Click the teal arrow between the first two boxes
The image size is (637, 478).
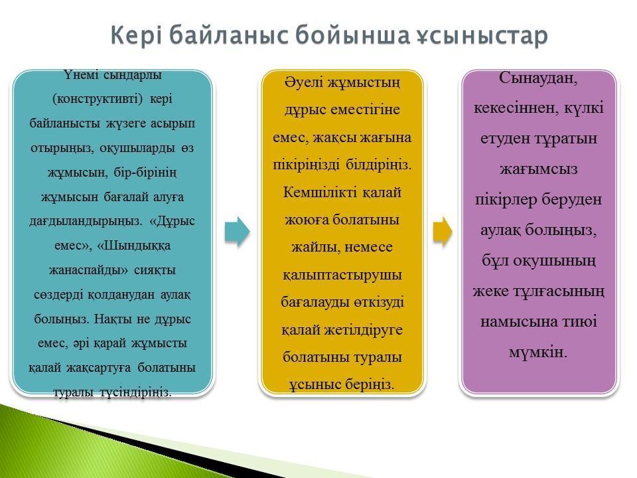click(238, 232)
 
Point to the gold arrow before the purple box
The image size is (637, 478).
click(443, 232)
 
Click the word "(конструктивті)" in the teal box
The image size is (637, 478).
click(98, 99)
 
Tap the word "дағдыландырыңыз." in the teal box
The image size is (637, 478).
click(86, 222)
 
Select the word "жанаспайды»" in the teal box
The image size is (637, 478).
click(88, 270)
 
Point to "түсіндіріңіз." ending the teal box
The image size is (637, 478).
click(135, 392)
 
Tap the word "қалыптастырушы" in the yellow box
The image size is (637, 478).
click(342, 275)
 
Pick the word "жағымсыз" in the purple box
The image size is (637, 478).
click(539, 169)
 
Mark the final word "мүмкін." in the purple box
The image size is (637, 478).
click(538, 353)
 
